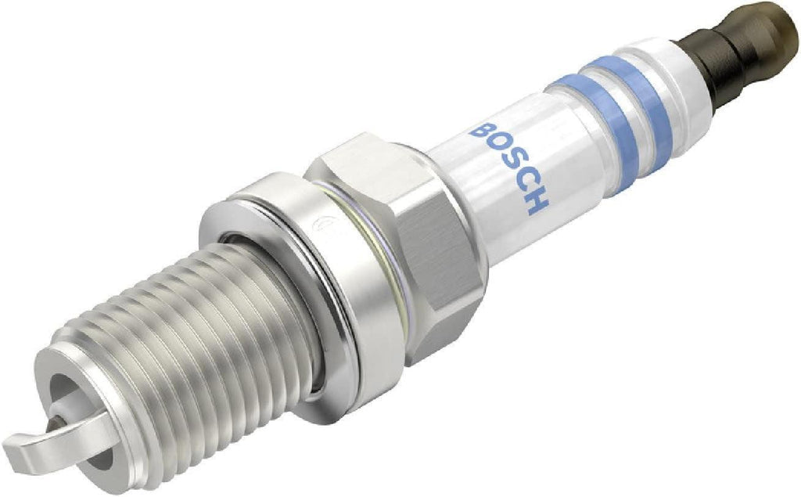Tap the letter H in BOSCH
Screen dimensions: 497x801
point(536,202)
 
